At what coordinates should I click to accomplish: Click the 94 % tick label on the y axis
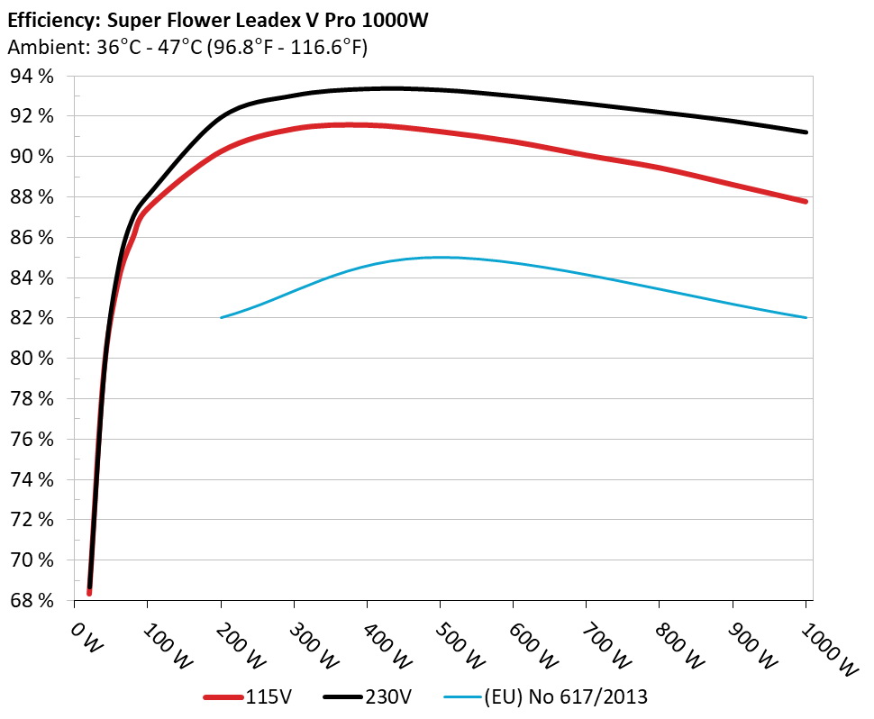(32, 77)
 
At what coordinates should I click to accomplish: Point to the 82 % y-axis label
(32, 318)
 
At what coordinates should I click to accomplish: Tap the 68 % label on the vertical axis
(32, 601)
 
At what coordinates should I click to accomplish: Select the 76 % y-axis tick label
(32, 440)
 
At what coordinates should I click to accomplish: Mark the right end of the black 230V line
(806, 132)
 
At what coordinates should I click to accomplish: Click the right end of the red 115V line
(806, 201)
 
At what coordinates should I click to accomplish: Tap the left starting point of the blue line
(222, 317)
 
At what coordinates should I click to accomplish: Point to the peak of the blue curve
(441, 257)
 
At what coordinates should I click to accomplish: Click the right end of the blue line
(806, 317)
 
